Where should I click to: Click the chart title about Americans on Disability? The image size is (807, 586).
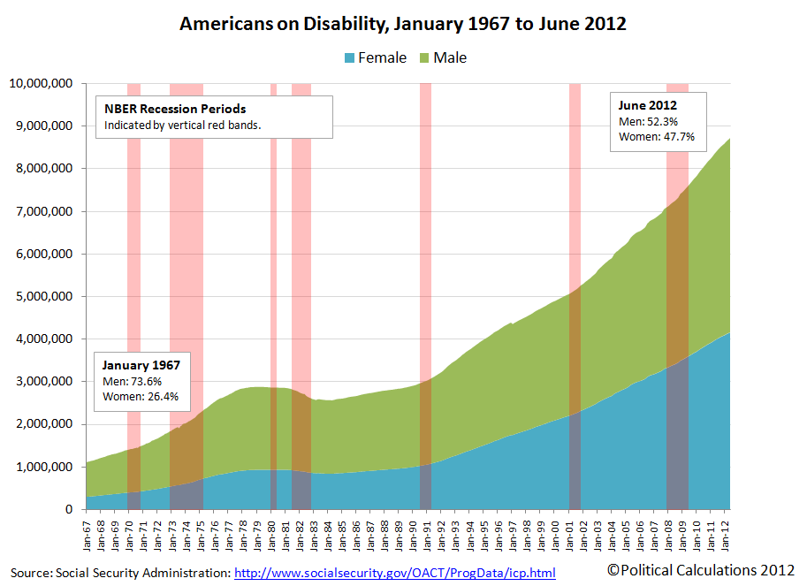[x=403, y=24]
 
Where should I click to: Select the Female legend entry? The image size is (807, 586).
[x=370, y=57]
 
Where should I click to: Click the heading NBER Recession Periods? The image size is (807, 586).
[x=175, y=110]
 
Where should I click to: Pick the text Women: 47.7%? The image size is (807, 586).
[x=657, y=137]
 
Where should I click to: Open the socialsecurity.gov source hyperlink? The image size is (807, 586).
[x=394, y=573]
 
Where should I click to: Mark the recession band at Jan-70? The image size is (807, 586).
[x=133, y=265]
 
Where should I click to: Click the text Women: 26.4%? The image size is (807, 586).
[x=141, y=397]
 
